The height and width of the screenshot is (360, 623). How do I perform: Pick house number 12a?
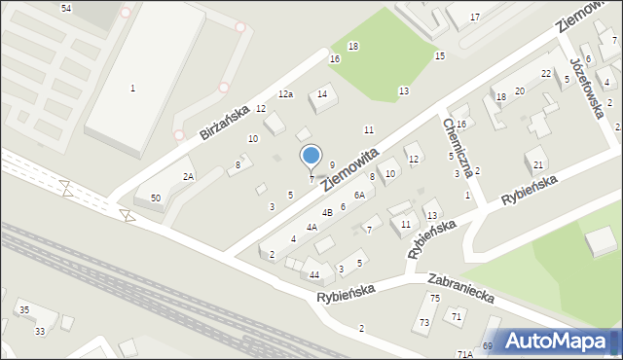(x=285, y=94)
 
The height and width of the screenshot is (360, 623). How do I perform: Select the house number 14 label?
(x=322, y=94)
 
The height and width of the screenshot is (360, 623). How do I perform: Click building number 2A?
(x=189, y=176)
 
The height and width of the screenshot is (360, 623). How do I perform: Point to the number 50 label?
(x=156, y=198)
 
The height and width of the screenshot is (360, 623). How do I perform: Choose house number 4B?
(x=328, y=212)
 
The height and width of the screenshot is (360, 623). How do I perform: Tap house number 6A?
(x=358, y=196)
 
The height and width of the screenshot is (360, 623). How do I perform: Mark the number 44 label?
(x=314, y=275)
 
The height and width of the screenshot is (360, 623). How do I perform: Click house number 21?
(x=538, y=164)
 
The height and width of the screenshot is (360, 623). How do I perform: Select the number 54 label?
(x=66, y=8)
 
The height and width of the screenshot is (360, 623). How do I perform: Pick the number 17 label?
(x=475, y=18)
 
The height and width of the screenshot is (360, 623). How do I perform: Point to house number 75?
(x=435, y=298)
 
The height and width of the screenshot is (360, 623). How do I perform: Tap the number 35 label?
(x=24, y=309)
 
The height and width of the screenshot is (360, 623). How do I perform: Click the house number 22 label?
(x=546, y=74)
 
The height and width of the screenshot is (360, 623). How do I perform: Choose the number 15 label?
(x=440, y=56)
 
